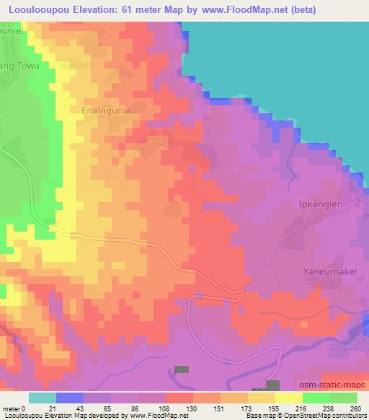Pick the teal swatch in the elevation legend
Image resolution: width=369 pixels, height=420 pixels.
point(43,398)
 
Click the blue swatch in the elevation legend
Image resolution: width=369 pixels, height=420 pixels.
point(70,398)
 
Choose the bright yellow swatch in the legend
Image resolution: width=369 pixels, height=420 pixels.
point(289,398)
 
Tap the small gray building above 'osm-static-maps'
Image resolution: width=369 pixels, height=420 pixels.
point(272,386)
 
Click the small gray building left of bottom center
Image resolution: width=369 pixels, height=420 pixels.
point(182,369)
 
